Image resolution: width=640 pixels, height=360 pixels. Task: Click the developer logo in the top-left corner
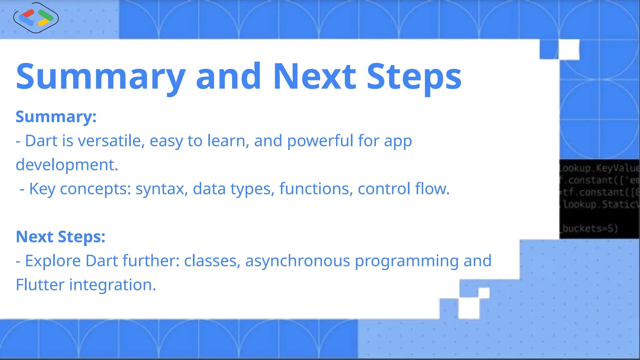(x=36, y=18)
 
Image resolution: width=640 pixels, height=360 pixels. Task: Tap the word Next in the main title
(x=314, y=77)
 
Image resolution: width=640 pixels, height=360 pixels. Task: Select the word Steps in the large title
(x=414, y=77)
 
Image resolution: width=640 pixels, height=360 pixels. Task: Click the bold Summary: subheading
(x=56, y=117)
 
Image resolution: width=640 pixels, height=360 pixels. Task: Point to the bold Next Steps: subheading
(x=60, y=237)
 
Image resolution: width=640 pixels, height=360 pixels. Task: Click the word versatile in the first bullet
(x=111, y=141)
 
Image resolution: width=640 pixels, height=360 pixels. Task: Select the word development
(x=67, y=165)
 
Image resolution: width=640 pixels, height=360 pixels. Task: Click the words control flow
(x=403, y=189)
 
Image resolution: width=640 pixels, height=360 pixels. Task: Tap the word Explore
(x=52, y=261)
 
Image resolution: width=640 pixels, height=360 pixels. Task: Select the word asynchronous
(x=297, y=261)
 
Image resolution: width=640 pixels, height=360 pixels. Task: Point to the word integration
(x=112, y=285)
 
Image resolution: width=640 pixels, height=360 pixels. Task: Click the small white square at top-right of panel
(x=569, y=49)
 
